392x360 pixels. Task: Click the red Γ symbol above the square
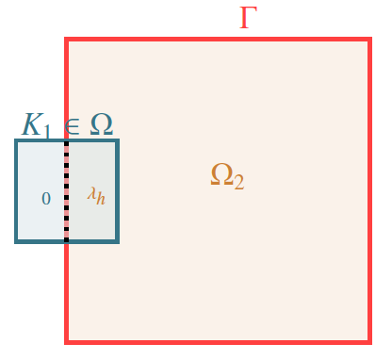click(x=248, y=17)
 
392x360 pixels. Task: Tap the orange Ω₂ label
click(x=227, y=175)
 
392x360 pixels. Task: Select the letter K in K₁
click(x=34, y=124)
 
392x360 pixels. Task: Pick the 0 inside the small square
click(x=45, y=199)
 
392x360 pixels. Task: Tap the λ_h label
click(x=95, y=195)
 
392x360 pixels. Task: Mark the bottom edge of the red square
click(x=217, y=340)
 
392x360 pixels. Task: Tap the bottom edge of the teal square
click(x=42, y=241)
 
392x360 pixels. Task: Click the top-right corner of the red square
click(x=368, y=40)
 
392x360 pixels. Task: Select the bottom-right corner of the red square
click(x=368, y=340)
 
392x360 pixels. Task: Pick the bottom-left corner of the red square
click(x=66, y=340)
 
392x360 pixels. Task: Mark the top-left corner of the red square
click(x=66, y=40)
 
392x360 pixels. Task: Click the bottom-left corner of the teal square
click(x=17, y=241)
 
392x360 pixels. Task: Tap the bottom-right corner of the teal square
click(x=117, y=241)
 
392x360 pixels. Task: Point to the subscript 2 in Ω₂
click(x=239, y=182)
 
